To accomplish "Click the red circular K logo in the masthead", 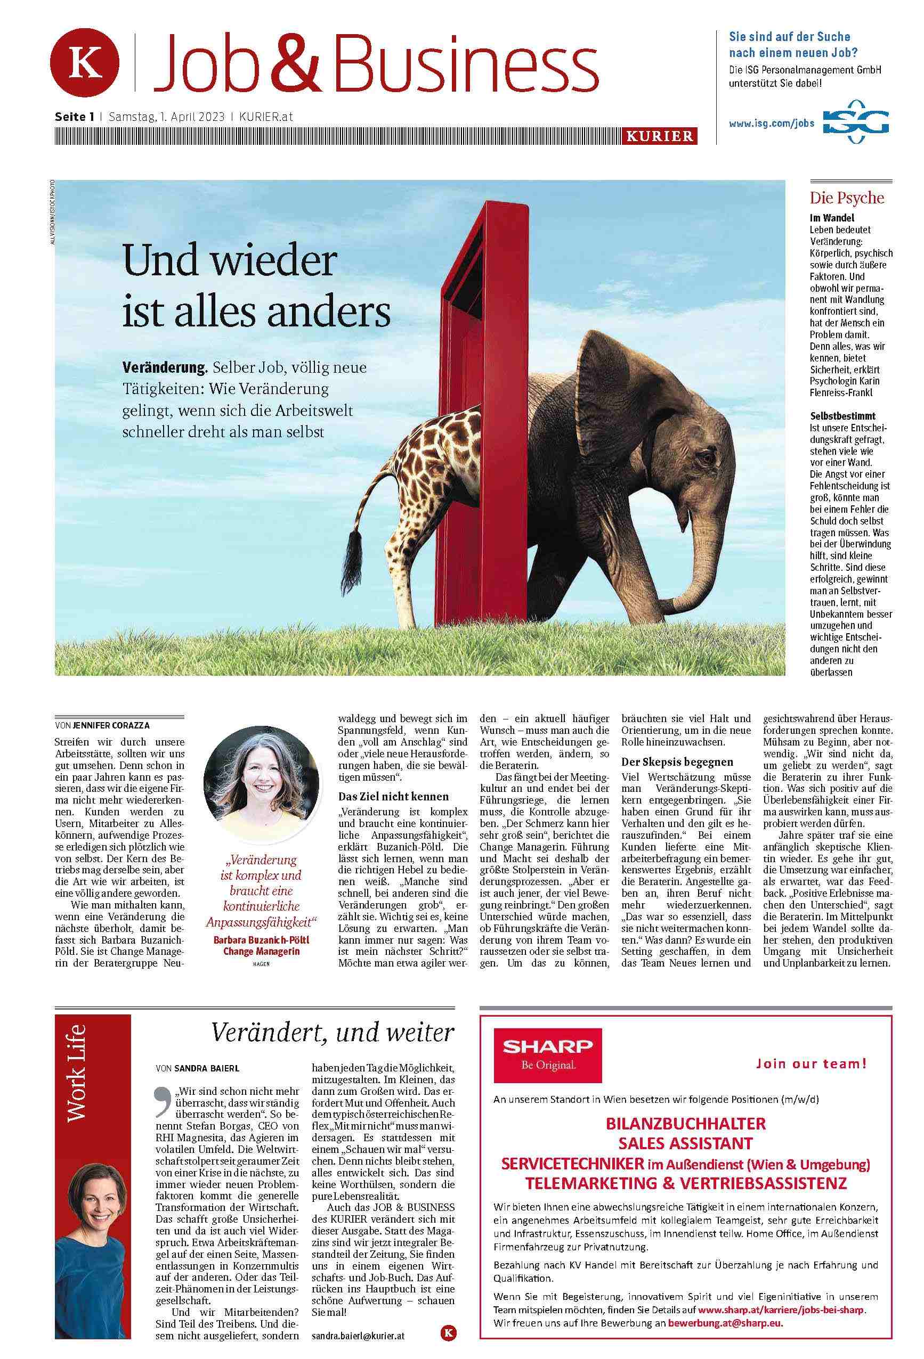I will [85, 62].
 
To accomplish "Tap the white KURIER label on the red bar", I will [660, 136].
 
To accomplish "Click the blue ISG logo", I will [856, 124].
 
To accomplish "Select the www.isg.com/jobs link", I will [771, 124].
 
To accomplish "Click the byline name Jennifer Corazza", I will [111, 725].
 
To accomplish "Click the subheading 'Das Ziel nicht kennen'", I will [393, 796].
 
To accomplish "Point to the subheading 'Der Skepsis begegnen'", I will [677, 762].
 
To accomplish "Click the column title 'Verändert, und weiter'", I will [332, 1032].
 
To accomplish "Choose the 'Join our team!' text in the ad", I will [810, 1063].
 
